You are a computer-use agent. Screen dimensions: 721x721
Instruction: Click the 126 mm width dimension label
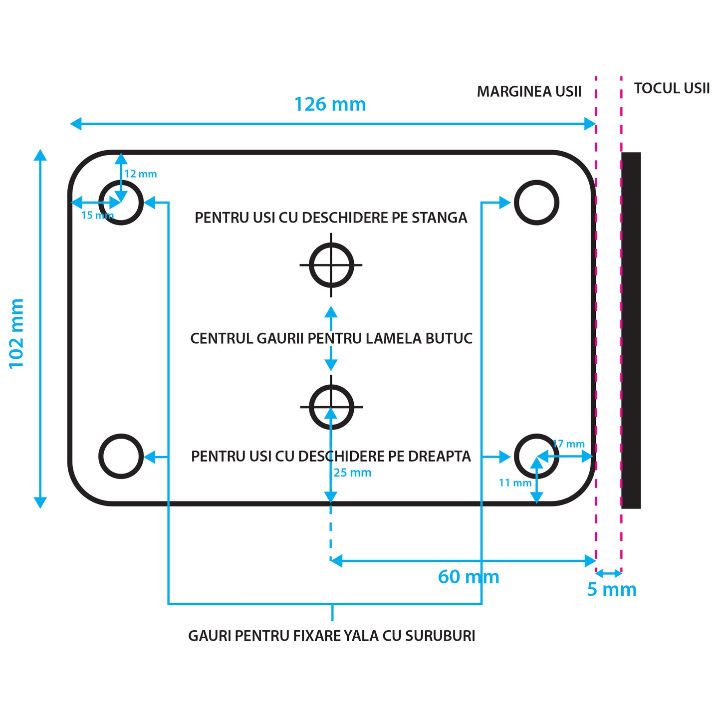[330, 104]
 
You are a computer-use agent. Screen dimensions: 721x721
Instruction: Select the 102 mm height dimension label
[16, 333]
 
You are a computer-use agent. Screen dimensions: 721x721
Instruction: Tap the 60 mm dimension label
[468, 577]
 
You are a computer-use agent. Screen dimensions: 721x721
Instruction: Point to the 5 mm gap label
[611, 589]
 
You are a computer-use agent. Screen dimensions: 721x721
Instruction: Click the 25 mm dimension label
[352, 473]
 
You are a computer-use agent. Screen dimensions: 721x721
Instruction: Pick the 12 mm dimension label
[141, 174]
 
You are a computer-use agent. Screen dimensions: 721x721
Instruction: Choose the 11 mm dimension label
[515, 482]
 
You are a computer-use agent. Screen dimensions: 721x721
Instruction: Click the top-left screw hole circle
[121, 203]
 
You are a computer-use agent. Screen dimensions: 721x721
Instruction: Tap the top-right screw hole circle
[536, 203]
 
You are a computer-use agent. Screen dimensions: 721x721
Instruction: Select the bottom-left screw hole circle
[121, 456]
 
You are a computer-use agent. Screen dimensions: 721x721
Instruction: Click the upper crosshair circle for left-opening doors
[331, 265]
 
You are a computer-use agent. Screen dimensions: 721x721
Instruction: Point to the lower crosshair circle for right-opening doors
[331, 407]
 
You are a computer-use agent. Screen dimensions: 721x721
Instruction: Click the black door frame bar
[631, 330]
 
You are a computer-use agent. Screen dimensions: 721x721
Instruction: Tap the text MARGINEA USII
[529, 92]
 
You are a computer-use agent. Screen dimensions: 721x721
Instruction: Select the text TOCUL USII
[672, 88]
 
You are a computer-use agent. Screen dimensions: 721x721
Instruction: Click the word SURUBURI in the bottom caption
[440, 636]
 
